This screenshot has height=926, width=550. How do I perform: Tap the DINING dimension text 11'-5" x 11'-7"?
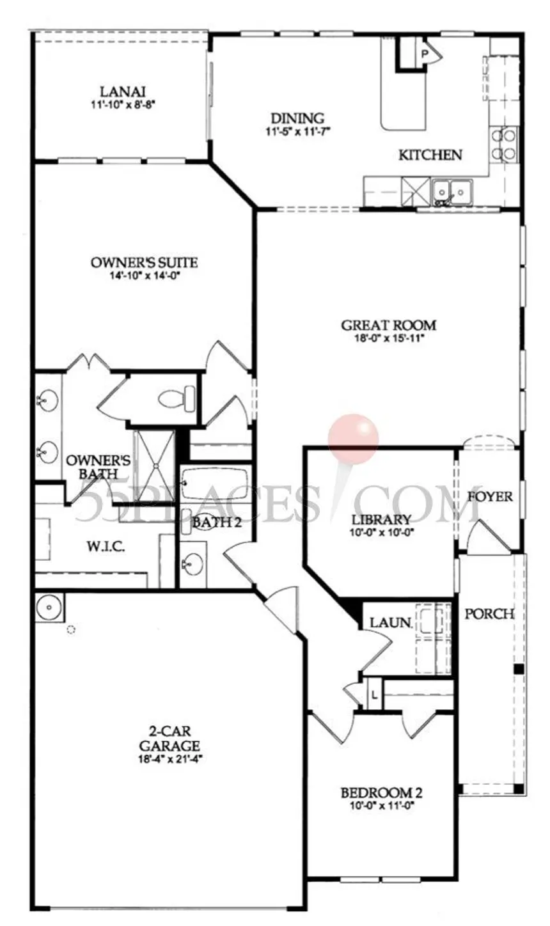(298, 132)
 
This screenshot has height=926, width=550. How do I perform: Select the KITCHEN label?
(430, 155)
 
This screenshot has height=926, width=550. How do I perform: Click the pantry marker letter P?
(424, 53)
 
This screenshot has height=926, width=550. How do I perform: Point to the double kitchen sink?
(452, 192)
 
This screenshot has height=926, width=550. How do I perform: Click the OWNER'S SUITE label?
(145, 262)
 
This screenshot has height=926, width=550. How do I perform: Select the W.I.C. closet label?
(106, 547)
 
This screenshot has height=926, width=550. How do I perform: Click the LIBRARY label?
(381, 519)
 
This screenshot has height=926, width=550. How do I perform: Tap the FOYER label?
(490, 496)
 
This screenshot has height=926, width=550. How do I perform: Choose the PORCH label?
(490, 614)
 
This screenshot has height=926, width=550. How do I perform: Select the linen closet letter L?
(374, 695)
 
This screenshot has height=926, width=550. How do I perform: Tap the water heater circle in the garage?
(49, 608)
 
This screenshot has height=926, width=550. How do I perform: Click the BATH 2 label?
(217, 522)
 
